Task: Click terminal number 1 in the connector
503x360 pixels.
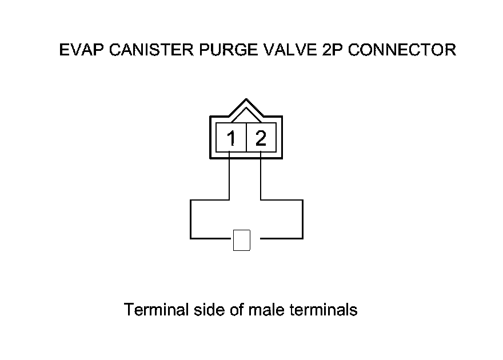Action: click(231, 138)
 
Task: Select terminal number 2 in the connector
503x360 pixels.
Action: click(261, 138)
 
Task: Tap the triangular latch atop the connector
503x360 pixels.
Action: click(246, 109)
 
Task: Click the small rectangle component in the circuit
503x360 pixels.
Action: click(242, 240)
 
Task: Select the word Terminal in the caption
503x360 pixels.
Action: click(156, 310)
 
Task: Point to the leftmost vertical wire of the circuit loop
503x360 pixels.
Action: click(190, 219)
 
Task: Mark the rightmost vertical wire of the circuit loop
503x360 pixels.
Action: click(302, 219)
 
